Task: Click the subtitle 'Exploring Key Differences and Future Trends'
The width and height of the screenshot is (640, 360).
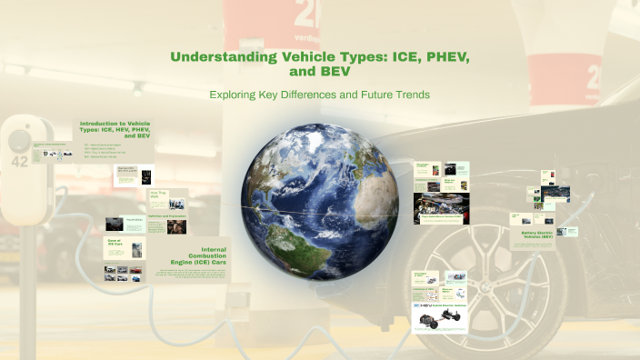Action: coord(319,95)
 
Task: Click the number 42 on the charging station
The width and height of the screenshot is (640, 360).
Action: coord(18,162)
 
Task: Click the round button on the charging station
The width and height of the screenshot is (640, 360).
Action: coord(19,138)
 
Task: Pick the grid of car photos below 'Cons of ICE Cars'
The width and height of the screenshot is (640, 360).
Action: coord(123,272)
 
